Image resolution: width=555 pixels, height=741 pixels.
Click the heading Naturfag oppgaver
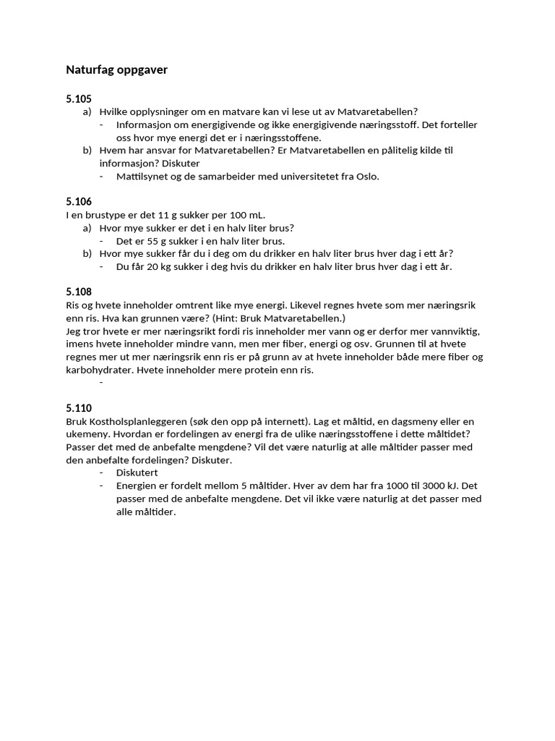116,70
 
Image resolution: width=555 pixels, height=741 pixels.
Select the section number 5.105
79,99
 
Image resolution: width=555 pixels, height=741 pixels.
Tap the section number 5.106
79,202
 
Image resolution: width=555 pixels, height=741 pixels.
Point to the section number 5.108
79,292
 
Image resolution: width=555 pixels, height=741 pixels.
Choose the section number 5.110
79,408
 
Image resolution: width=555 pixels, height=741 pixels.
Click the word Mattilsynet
142,176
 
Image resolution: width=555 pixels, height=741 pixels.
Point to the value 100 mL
248,215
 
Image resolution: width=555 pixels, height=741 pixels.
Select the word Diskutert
138,473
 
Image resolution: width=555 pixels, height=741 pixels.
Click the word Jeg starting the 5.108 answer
74,331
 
